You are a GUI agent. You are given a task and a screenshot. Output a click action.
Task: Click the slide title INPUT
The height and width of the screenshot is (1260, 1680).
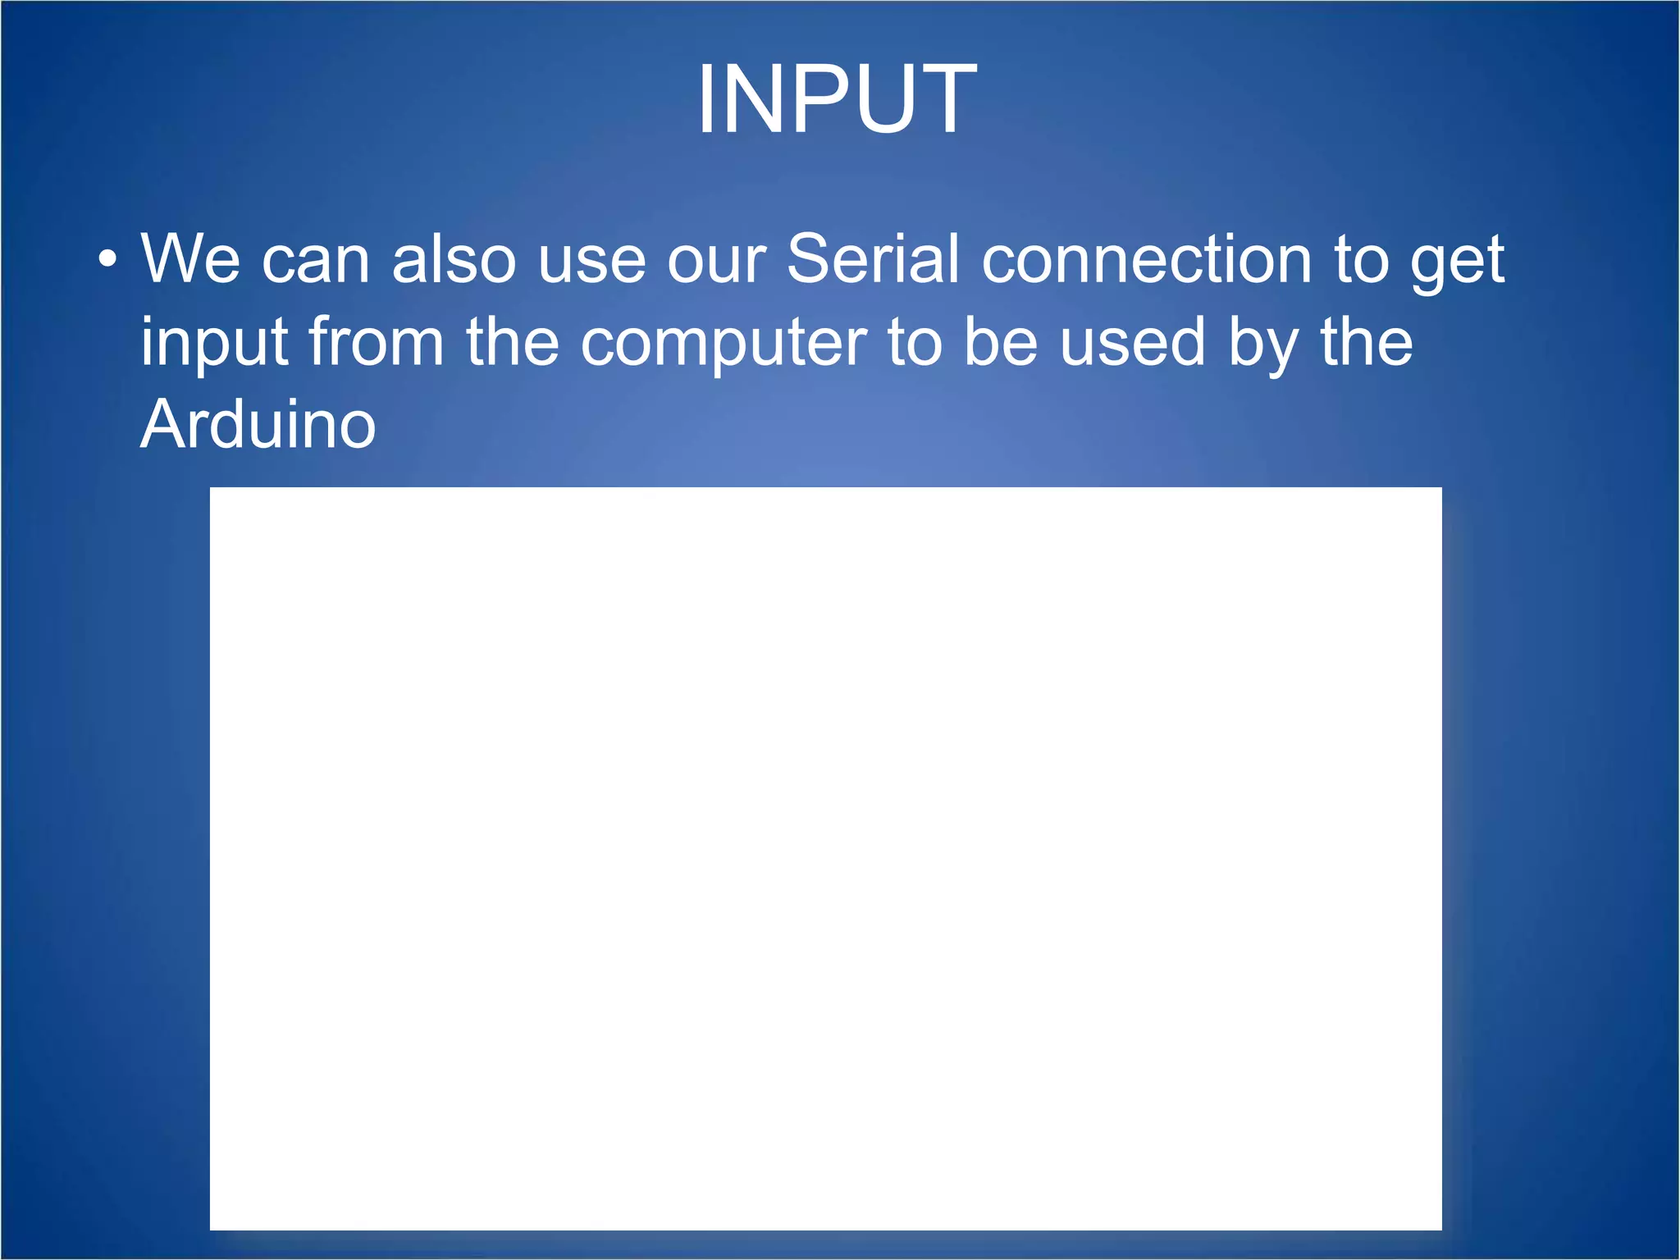coord(837,100)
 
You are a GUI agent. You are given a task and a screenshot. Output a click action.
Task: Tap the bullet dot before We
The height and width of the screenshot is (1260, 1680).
coord(107,260)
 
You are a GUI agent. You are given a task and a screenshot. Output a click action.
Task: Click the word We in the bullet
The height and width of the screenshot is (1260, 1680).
coord(190,258)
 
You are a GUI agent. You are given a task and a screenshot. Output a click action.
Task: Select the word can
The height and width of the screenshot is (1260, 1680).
coord(316,261)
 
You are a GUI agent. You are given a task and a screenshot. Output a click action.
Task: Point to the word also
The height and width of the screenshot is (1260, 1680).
coord(454,258)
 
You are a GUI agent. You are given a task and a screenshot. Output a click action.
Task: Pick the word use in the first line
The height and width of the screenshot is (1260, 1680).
coord(591,261)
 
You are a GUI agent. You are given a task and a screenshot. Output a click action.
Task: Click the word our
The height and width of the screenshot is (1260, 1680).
coord(716,261)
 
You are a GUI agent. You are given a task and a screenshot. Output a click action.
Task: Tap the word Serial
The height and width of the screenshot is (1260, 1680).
coord(873,258)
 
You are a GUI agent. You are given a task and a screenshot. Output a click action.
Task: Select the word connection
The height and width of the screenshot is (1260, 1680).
coord(1147,258)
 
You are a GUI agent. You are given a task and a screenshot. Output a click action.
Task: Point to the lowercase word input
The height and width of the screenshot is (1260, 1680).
coord(214,343)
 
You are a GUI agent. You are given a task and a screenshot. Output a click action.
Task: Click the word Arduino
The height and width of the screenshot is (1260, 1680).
coord(258,424)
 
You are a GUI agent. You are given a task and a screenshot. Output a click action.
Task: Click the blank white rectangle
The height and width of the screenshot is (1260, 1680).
coord(825,858)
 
